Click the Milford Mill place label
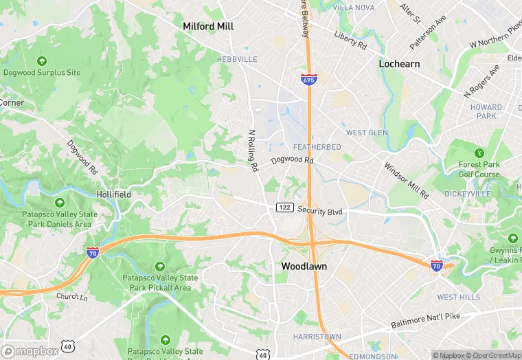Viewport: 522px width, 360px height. (x=208, y=26)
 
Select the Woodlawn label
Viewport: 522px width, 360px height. (x=304, y=266)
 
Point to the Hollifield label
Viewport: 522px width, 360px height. (x=113, y=194)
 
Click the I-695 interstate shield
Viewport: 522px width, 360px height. (x=308, y=80)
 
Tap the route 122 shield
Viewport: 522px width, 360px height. (x=285, y=207)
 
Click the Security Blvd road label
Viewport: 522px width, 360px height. (x=320, y=212)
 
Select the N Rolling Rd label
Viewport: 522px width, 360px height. (x=253, y=150)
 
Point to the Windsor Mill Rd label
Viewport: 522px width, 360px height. (x=406, y=180)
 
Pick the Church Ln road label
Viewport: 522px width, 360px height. (x=72, y=297)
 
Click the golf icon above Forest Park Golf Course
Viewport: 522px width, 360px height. (x=479, y=153)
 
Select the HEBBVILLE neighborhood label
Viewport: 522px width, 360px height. (x=237, y=60)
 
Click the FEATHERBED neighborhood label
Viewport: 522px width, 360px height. (x=317, y=147)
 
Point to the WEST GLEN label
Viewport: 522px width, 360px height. (x=367, y=133)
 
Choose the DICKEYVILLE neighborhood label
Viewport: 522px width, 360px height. (x=486, y=194)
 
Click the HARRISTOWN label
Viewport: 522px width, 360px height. (x=317, y=337)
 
